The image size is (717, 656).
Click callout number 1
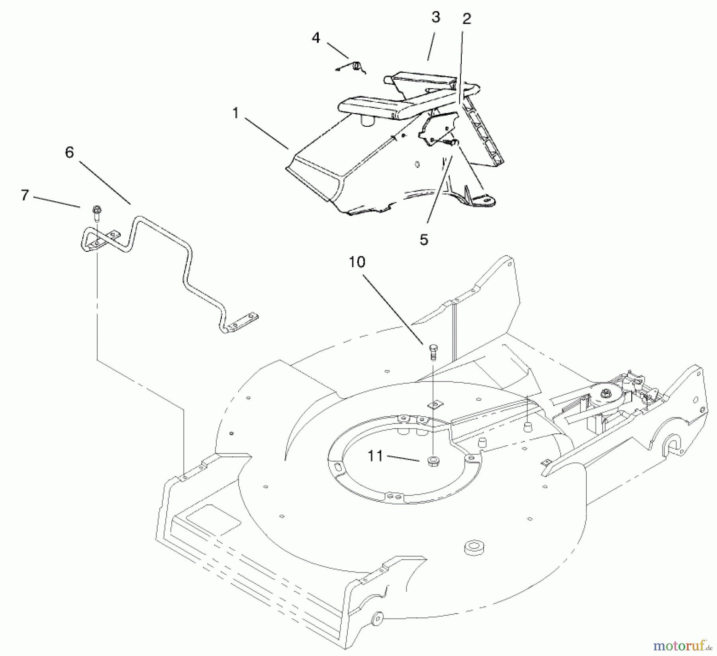pos(235,114)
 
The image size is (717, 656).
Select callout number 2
pos(466,19)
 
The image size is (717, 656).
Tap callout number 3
pos(436,17)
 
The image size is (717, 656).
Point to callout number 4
pos(316,38)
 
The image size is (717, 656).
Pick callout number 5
pos(423,240)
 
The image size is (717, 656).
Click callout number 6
pos(69,152)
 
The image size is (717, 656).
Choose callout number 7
pos(25,195)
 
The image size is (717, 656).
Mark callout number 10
pos(357,262)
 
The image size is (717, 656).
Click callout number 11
pos(375,456)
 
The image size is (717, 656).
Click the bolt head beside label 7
pos(96,209)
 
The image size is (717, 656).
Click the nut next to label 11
pos(433,461)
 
